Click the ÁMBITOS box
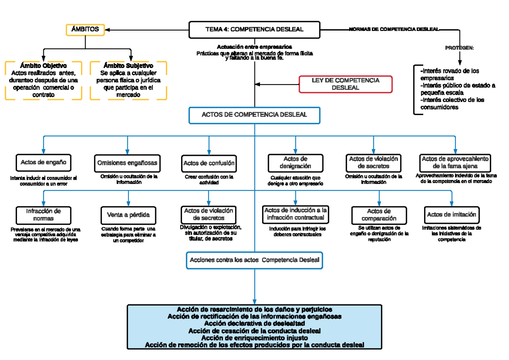85,30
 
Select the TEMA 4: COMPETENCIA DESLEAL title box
255,30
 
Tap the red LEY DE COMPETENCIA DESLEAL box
346,84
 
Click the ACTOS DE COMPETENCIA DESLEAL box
255,115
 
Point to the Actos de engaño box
44,162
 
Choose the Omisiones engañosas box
127,163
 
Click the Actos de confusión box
209,163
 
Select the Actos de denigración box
295,162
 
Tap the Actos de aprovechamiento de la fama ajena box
455,162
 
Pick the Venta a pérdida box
128,215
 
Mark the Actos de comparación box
379,215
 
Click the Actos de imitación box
452,215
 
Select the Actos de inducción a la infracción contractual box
296,214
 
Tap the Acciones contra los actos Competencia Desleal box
255,260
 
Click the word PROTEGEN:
459,48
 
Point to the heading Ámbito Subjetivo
128,66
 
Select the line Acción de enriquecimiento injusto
255,338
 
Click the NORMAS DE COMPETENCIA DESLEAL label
394,29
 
